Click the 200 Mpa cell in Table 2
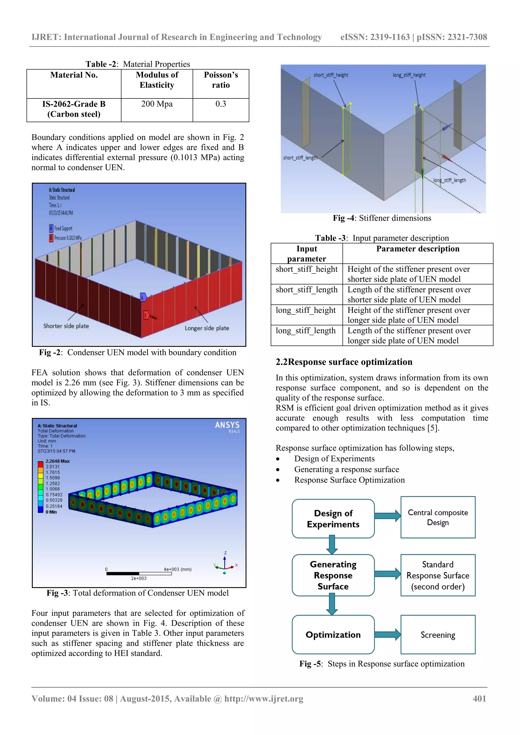(157, 104)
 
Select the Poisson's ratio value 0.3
(220, 104)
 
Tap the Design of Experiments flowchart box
(333, 519)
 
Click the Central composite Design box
(438, 517)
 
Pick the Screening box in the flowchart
(438, 635)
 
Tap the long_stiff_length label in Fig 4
(449, 180)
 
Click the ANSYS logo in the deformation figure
(227, 425)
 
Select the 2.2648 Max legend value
(57, 461)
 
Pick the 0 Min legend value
(51, 512)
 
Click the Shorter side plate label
(66, 326)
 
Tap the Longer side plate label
(207, 328)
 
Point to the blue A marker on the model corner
(143, 297)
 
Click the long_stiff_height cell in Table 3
(306, 310)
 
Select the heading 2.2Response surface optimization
(344, 362)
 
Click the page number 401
(479, 698)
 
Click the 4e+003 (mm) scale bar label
(177, 569)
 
